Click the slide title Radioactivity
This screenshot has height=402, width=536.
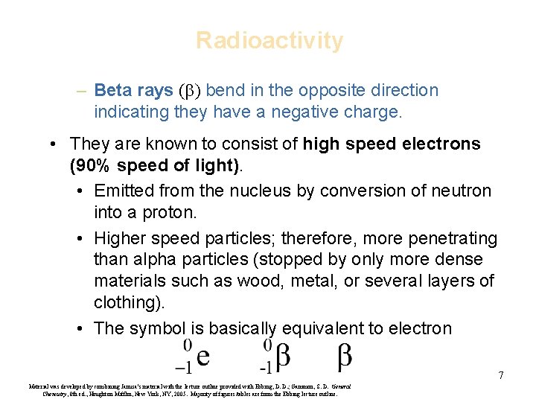pyautogui.click(x=269, y=40)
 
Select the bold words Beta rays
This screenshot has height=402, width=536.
pyautogui.click(x=134, y=91)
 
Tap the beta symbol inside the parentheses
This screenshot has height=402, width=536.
pyautogui.click(x=186, y=92)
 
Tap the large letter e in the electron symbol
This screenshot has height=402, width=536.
pyautogui.click(x=202, y=358)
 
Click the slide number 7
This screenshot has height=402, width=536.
pyautogui.click(x=501, y=375)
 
